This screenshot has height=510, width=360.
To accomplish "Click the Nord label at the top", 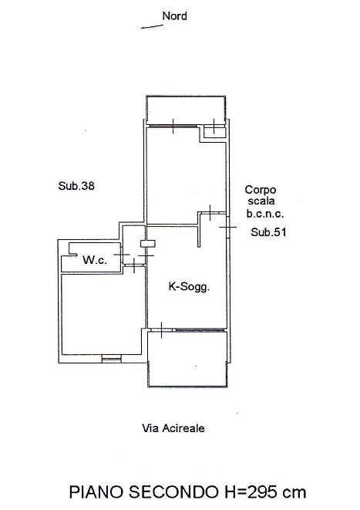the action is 174,16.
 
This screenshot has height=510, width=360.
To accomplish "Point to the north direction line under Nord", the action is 152,27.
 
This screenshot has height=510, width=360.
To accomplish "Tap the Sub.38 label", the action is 76,186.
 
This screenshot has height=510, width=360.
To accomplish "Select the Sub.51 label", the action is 268,232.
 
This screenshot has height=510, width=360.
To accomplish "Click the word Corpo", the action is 261,190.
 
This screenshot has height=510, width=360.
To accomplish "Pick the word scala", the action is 261,201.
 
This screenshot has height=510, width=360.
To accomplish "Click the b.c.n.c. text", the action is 265,214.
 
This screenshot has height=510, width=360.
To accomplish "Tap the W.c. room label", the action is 95,260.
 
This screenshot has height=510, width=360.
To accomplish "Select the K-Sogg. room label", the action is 189,287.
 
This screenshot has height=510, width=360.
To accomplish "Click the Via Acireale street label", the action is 173,428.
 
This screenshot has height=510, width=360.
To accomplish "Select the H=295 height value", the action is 250,492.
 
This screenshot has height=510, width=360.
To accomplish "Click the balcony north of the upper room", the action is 186,110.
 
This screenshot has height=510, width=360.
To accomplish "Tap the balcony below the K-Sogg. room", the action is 187,359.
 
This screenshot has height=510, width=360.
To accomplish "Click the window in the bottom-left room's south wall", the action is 111,359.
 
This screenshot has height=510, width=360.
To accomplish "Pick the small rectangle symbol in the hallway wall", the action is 148,244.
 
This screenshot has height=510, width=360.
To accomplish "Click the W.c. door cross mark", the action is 121,255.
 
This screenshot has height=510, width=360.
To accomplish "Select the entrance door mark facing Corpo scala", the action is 228,227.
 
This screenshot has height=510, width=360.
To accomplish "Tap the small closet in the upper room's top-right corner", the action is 214,133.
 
